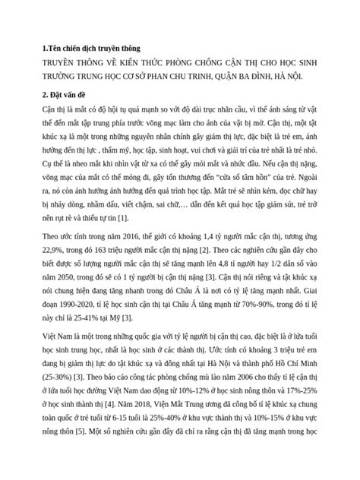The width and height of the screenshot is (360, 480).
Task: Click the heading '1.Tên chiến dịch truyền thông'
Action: (93, 48)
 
